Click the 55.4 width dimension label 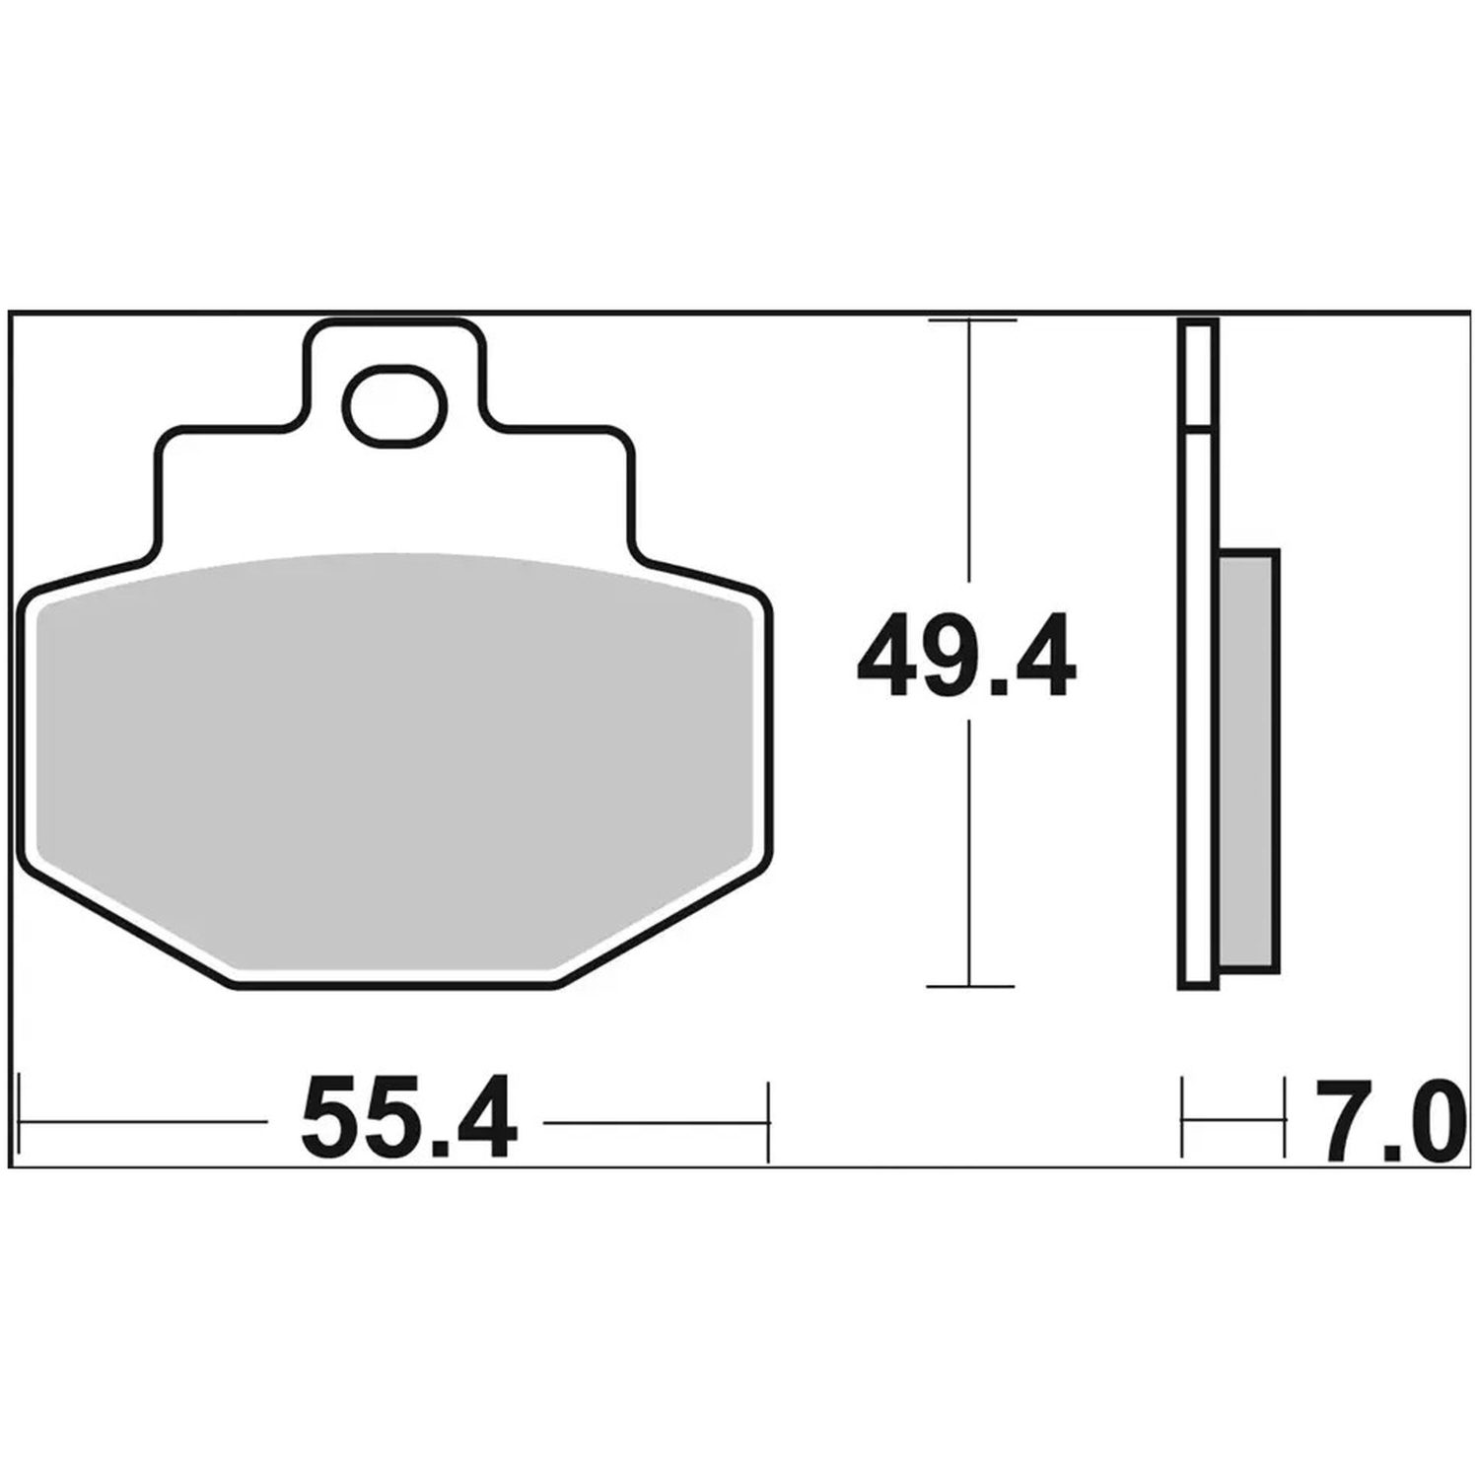click(409, 1119)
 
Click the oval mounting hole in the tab click(394, 404)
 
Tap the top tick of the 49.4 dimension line click(970, 320)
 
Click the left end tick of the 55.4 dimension click(21, 1121)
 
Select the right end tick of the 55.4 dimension click(767, 1121)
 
